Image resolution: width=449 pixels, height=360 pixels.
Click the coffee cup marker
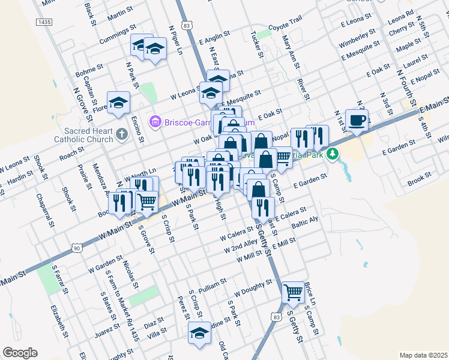pyautogui.click(x=357, y=119)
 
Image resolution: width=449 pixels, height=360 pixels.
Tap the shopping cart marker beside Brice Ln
pyautogui.click(x=293, y=293)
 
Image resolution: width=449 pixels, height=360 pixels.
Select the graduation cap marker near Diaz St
pyautogui.click(x=199, y=334)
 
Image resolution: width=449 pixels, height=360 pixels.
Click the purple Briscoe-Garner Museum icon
pyautogui.click(x=156, y=122)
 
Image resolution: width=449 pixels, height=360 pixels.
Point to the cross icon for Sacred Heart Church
pyautogui.click(x=122, y=133)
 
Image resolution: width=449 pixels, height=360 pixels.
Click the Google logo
pyautogui.click(x=20, y=353)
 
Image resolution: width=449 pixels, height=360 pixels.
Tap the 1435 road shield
pyautogui.click(x=44, y=22)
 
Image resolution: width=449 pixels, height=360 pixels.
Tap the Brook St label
pyautogui.click(x=418, y=178)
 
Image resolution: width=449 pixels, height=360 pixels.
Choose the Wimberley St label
pyautogui.click(x=358, y=35)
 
